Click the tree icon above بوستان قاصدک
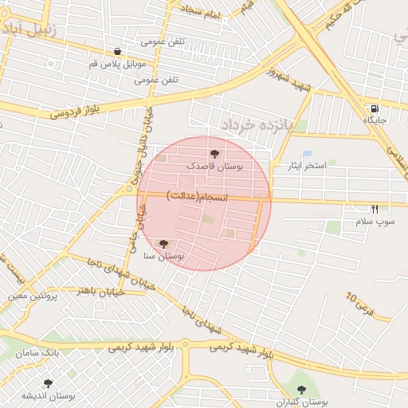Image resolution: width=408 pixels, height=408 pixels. (x=214, y=153)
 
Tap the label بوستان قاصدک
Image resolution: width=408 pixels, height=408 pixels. (x=218, y=166)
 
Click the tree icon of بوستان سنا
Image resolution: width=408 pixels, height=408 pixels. (x=163, y=243)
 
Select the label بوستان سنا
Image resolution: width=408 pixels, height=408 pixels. (x=163, y=257)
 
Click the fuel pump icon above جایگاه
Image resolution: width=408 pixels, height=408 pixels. (x=374, y=108)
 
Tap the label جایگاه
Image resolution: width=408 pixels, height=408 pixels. (x=375, y=120)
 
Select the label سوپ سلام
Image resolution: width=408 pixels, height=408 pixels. (x=375, y=222)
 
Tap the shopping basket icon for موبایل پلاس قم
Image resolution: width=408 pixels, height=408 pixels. (x=117, y=51)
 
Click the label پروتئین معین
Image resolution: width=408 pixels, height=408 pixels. (x=33, y=295)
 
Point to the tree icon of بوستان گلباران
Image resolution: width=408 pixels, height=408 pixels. (x=304, y=390)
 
